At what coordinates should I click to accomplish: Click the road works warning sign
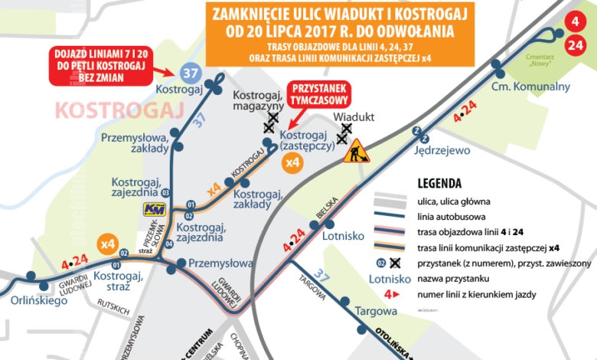(x=356, y=152)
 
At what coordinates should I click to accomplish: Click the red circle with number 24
(x=576, y=45)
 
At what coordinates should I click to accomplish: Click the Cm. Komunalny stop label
(x=531, y=86)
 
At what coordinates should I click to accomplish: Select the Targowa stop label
(x=377, y=311)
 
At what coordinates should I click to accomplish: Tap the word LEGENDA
(x=439, y=184)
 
